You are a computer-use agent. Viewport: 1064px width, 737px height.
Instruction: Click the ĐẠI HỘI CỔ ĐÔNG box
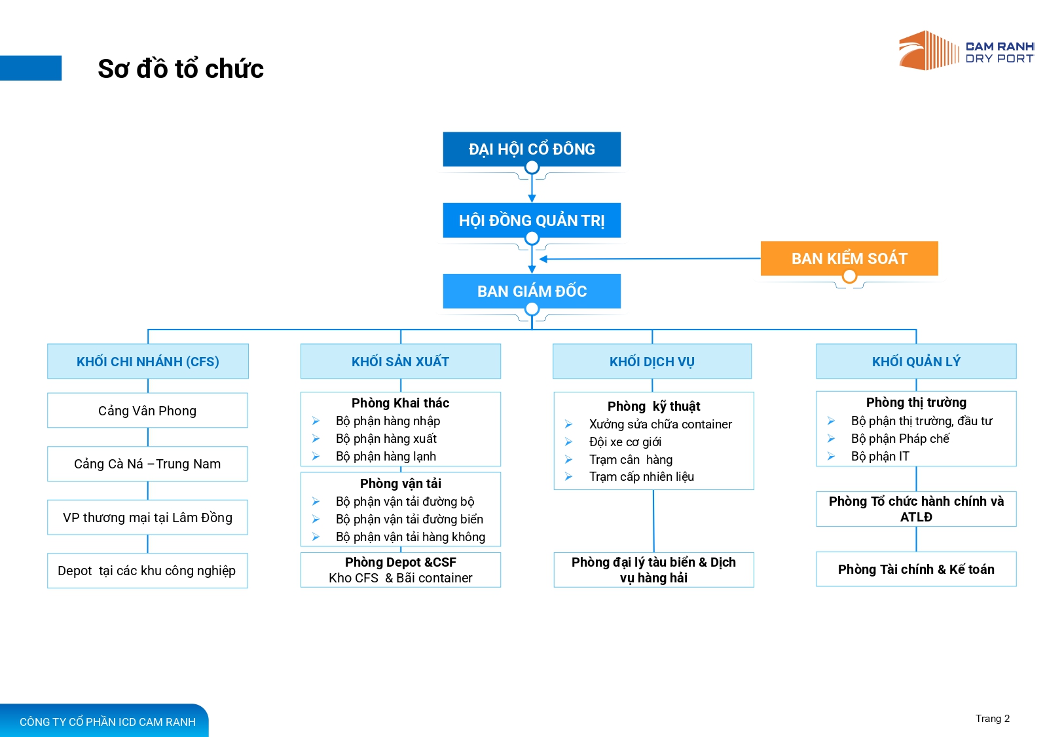click(x=532, y=149)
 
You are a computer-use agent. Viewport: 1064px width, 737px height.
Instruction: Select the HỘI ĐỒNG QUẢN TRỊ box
click(x=532, y=221)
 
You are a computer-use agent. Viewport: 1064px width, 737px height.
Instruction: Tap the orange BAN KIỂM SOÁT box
click(x=849, y=259)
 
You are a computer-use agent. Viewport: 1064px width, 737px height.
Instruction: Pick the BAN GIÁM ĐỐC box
click(x=532, y=292)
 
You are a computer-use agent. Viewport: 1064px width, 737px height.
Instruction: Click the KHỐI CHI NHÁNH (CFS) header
click(x=148, y=362)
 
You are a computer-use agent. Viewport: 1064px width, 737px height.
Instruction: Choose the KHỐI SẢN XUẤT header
click(x=401, y=362)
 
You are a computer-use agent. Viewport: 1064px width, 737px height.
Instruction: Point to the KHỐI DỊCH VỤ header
click(x=652, y=362)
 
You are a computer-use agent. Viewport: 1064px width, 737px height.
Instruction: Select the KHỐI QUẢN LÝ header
click(x=916, y=362)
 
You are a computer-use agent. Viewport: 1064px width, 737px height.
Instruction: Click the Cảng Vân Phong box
click(x=147, y=411)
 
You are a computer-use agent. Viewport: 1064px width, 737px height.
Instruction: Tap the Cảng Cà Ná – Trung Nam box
click(x=147, y=464)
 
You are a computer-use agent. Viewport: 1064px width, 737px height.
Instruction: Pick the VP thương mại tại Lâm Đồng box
click(x=147, y=518)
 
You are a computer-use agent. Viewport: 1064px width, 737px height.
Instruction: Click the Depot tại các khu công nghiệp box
click(x=147, y=571)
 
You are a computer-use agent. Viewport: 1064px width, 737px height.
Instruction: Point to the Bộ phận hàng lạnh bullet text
click(x=386, y=457)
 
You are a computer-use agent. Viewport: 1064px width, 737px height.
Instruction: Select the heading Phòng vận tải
click(x=401, y=483)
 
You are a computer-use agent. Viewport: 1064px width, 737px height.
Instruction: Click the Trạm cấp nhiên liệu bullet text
click(x=641, y=477)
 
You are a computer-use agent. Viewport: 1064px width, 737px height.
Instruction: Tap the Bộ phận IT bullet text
click(x=880, y=457)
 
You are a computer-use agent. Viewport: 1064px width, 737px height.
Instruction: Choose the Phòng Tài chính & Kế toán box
click(x=916, y=569)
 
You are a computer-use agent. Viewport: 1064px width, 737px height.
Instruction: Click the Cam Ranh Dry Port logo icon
click(x=928, y=50)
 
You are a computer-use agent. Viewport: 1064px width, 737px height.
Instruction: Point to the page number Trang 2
click(x=992, y=719)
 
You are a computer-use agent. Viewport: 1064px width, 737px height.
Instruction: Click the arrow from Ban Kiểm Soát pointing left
click(x=650, y=259)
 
